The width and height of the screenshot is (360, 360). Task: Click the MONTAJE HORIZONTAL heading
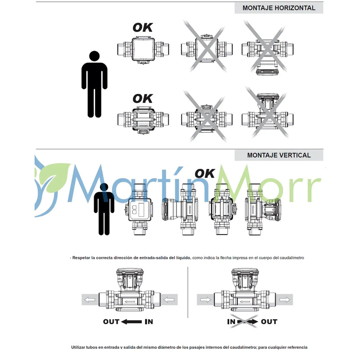(279, 8)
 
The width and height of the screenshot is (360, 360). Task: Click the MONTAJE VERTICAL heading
(279, 155)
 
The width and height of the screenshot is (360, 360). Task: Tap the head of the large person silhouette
(94, 56)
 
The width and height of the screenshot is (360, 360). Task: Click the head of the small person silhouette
(104, 187)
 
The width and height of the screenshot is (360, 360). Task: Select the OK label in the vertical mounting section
(205, 174)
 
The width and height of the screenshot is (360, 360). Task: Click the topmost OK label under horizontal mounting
(143, 28)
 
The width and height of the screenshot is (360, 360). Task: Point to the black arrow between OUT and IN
(132, 321)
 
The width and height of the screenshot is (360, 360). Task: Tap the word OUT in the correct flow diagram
(111, 321)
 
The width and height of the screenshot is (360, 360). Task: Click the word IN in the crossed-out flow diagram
(231, 321)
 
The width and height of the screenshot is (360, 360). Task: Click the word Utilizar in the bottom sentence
(78, 347)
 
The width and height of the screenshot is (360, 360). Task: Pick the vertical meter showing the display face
(140, 209)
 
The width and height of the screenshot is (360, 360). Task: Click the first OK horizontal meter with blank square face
(143, 50)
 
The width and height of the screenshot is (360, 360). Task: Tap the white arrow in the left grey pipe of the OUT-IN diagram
(90, 299)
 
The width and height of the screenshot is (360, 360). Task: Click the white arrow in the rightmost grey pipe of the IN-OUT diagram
(285, 299)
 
